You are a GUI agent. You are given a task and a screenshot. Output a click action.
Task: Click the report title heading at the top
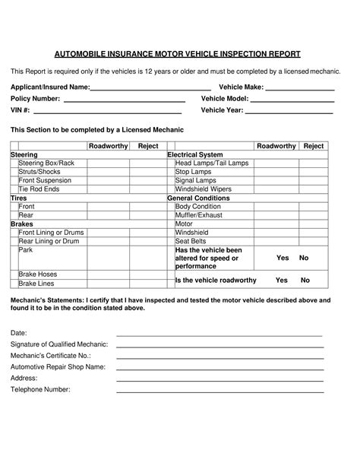tap(178, 54)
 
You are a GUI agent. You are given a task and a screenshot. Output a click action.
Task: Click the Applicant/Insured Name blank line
tap(150, 88)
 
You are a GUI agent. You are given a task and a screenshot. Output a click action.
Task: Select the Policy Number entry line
tap(124, 100)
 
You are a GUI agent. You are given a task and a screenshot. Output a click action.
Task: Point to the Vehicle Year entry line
tap(289, 111)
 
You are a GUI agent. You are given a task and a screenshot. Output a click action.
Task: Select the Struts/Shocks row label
tap(40, 172)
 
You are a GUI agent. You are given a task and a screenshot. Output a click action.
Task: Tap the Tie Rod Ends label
tap(39, 189)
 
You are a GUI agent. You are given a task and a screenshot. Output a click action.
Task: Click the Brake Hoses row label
tap(38, 274)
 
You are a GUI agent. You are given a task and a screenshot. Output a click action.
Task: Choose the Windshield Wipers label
tap(203, 189)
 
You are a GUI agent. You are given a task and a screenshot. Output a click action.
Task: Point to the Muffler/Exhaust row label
tap(199, 215)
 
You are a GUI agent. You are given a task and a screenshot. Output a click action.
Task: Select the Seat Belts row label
tap(192, 241)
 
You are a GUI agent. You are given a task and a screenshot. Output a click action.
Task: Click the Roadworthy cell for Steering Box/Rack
tap(107, 163)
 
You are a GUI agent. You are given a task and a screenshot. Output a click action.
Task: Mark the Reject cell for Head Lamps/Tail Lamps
tap(314, 163)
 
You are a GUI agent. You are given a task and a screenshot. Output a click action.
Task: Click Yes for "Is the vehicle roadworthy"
tap(283, 280)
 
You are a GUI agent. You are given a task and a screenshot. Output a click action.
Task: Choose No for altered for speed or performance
tap(305, 258)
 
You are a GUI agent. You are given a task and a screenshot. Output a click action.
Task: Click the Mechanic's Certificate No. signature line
tap(219, 356)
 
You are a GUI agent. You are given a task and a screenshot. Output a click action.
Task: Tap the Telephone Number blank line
tap(219, 390)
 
